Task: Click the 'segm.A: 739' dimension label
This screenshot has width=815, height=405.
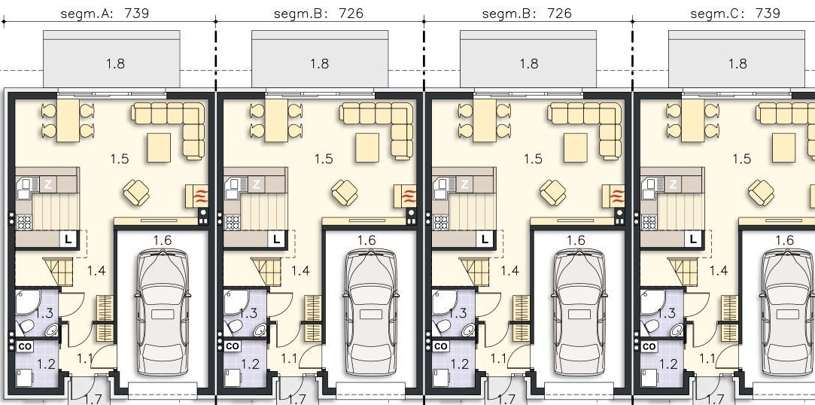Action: pos(105,13)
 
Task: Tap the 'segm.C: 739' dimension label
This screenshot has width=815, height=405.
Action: pos(735,13)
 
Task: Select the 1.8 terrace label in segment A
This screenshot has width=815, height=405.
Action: pos(115,63)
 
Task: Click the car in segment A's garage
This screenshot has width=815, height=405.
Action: pos(162,312)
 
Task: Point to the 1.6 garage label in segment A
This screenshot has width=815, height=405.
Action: pos(162,240)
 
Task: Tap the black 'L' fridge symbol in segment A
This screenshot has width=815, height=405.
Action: pos(68,239)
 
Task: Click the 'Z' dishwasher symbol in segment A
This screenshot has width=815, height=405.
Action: pos(48,184)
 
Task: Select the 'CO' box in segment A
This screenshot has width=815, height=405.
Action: pos(25,346)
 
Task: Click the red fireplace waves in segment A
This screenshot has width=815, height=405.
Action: pos(201,196)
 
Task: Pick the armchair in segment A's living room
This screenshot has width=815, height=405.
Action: pos(136,192)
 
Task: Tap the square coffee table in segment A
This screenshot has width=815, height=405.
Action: pos(159,148)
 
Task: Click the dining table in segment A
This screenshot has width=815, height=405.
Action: pos(68,120)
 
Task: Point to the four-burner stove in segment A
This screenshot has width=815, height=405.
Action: pos(24,223)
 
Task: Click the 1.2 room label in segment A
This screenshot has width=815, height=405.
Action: pos(46,364)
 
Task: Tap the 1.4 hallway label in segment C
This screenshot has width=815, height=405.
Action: pos(719,270)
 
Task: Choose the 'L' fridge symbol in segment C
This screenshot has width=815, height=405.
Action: pos(693,239)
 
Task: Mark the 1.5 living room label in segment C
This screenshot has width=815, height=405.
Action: pos(741,159)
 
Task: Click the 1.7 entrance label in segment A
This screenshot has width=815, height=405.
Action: pos(93,399)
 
